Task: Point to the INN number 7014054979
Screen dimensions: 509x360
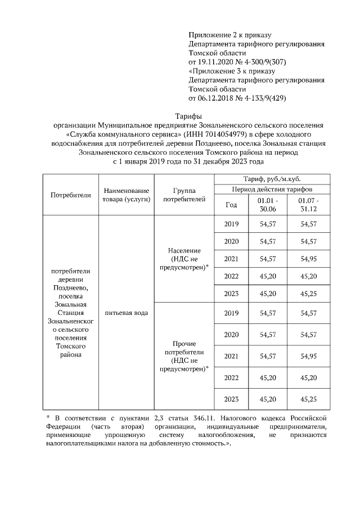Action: [215, 134]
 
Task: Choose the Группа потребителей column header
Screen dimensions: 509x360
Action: [184, 195]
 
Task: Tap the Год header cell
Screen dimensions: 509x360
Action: [231, 205]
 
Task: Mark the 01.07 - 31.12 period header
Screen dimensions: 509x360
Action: [309, 204]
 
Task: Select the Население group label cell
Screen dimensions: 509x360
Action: [184, 259]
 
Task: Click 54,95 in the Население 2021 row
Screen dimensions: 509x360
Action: [309, 259]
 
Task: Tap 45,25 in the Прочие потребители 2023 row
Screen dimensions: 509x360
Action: [309, 399]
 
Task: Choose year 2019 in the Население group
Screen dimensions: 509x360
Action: [231, 224]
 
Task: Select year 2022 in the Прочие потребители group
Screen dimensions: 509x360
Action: [231, 377]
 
